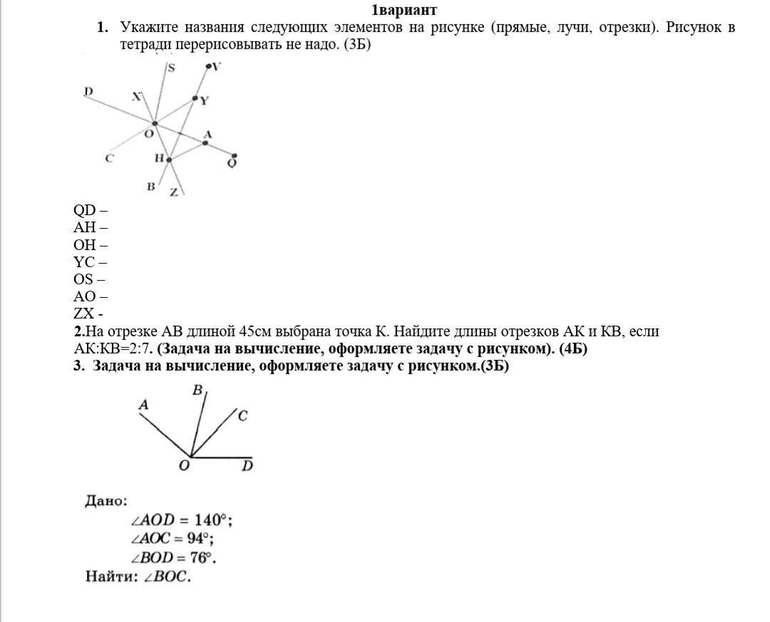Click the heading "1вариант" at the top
[404, 10]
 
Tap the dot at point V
[208, 67]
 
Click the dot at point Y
[195, 98]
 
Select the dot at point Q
[234, 156]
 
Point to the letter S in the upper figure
[172, 68]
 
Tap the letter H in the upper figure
[159, 158]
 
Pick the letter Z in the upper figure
[173, 192]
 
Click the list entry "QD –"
[90, 210]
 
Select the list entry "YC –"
[90, 262]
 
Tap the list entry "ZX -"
[88, 313]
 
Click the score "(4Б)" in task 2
[574, 349]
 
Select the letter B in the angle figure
[197, 390]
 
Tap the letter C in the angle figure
[242, 416]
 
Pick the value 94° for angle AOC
[199, 539]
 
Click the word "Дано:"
[106, 501]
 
